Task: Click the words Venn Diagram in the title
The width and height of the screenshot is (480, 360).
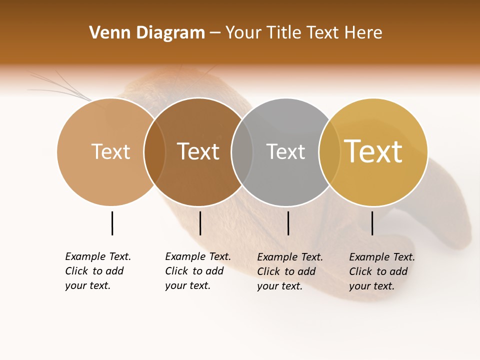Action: [147, 33]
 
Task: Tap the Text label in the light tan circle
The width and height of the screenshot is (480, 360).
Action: [110, 151]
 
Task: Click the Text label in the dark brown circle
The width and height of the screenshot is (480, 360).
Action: [198, 151]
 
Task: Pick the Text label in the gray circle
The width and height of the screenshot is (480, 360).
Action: [285, 151]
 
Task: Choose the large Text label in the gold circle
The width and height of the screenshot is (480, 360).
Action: [373, 151]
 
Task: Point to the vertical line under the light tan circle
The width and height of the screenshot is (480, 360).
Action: [112, 223]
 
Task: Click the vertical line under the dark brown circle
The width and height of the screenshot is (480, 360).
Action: [200, 223]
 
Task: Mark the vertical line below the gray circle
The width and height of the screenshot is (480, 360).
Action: [288, 223]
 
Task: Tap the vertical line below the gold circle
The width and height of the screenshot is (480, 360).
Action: [372, 223]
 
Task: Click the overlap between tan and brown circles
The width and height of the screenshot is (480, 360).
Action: [154, 151]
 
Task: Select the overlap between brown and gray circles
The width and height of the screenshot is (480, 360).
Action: [242, 151]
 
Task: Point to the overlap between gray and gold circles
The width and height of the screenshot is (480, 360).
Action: [329, 151]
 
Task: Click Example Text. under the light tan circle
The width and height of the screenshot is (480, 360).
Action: [98, 256]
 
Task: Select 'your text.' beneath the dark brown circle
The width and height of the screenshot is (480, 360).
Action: [187, 285]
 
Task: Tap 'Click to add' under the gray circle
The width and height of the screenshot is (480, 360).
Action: [286, 271]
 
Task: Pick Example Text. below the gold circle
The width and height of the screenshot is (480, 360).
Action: [382, 257]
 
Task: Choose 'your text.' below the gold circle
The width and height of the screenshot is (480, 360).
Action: [371, 286]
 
